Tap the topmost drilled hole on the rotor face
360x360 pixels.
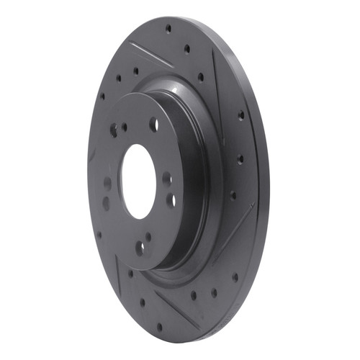(168, 29)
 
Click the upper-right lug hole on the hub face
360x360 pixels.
(153, 125)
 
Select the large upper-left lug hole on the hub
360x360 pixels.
(113, 130)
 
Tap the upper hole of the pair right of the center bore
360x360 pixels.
(166, 177)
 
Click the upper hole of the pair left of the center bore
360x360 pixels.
(107, 183)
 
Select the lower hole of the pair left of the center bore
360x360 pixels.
(106, 203)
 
